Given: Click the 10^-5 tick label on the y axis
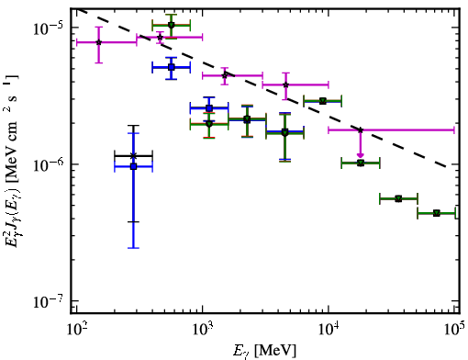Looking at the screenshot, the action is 48,28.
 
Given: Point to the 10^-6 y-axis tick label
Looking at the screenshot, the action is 48,165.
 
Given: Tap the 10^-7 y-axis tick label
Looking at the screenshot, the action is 48,302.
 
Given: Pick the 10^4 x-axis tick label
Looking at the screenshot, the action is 329,330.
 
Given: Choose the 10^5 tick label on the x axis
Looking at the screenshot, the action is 455,330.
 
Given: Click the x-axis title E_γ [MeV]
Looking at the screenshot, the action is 264,351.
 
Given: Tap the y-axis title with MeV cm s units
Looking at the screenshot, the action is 11,160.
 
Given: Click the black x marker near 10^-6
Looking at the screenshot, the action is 133,156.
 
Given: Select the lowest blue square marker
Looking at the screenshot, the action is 133,166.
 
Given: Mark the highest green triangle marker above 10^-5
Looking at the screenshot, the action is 172,25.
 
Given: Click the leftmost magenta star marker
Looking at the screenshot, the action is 98,42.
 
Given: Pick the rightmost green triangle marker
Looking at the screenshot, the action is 437,213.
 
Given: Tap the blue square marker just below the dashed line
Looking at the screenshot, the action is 172,67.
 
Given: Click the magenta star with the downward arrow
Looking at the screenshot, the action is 361,130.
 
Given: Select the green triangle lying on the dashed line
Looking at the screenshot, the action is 323,101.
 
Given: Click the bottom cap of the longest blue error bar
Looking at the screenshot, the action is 133,248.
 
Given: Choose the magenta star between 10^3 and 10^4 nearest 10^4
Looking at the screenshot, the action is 286,84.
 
